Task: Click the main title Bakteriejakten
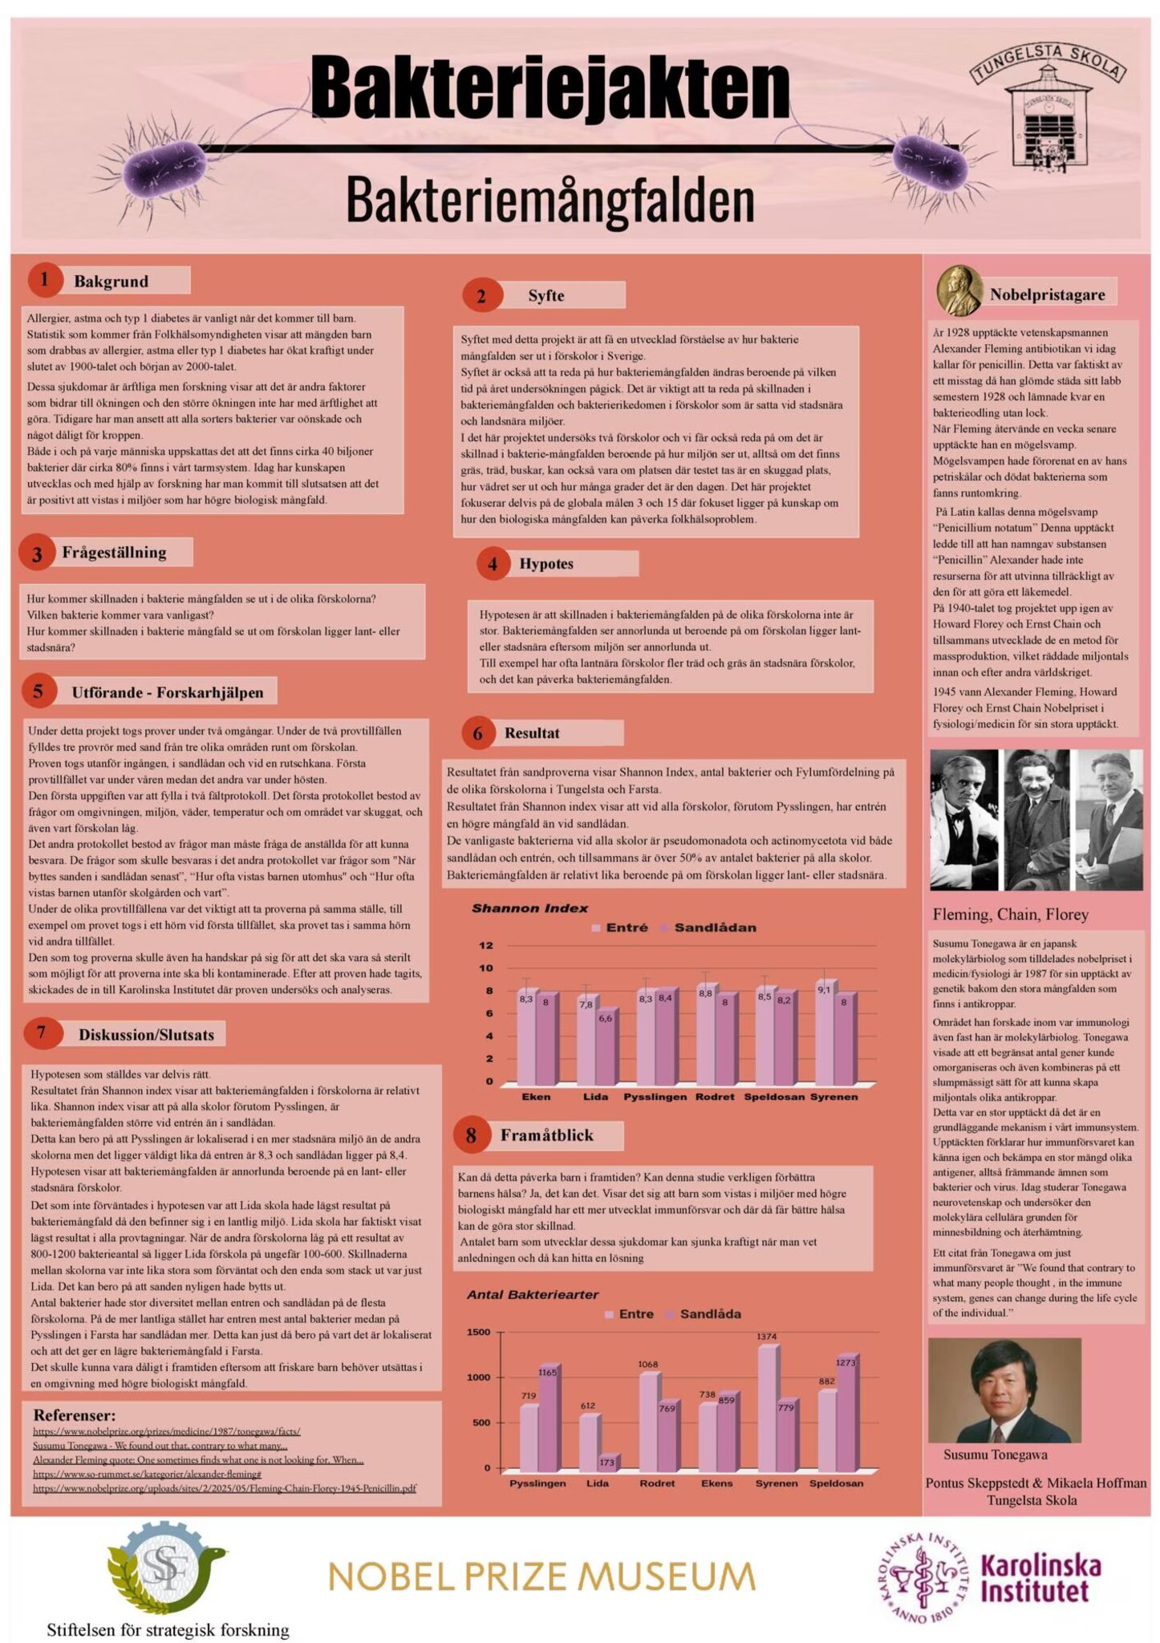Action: [x=550, y=87]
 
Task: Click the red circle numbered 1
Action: [x=44, y=279]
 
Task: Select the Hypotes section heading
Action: [x=546, y=563]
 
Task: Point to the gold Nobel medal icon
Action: [x=959, y=290]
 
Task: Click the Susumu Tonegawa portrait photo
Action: [x=1004, y=1389]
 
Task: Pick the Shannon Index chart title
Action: [x=529, y=908]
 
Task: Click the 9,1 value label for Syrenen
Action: [x=824, y=990]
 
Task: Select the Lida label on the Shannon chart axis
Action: [x=595, y=1097]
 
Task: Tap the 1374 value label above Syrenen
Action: [x=766, y=1337]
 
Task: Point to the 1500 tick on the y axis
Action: [x=478, y=1333]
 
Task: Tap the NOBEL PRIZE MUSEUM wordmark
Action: [x=541, y=1577]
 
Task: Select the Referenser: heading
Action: [x=75, y=1414]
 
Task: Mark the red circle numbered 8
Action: [x=471, y=1135]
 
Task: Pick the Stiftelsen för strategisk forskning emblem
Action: [x=166, y=1569]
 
